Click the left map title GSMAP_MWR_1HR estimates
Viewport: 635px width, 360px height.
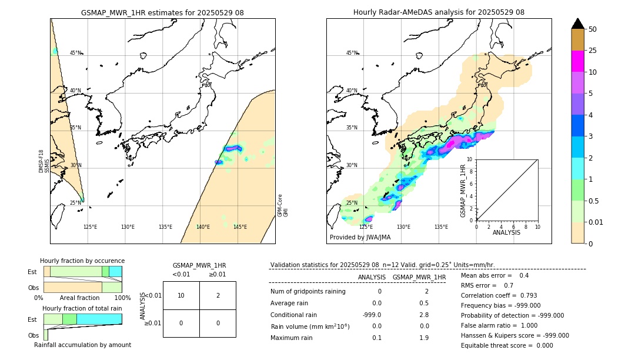[162, 12]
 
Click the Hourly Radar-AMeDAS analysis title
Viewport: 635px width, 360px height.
[439, 12]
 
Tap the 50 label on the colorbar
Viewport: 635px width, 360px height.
[593, 29]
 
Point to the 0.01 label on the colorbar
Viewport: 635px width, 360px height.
[596, 222]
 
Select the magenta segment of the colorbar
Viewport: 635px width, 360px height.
[577, 61]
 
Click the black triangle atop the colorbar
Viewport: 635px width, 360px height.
[577, 24]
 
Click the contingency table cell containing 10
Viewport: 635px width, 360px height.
[181, 295]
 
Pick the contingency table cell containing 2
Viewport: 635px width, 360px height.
[218, 295]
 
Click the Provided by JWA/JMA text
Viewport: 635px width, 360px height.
[360, 238]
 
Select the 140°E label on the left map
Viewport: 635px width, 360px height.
[203, 227]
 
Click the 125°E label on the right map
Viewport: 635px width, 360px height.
[366, 227]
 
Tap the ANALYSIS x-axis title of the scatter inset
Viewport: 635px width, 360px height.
[507, 232]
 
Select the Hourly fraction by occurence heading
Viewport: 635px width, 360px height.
[82, 261]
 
